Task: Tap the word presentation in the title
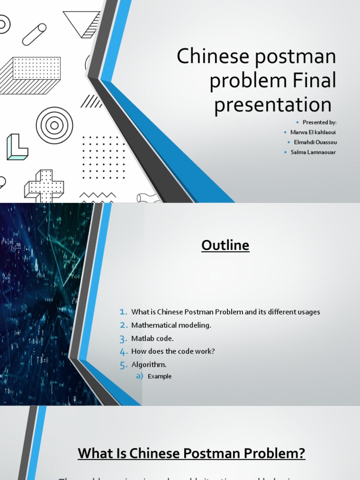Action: pos(272,105)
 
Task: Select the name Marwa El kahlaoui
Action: pos(313,132)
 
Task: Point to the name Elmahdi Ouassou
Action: pos(315,142)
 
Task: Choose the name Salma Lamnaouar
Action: pos(313,152)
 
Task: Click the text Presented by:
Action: pos(319,122)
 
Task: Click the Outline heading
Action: pos(225,245)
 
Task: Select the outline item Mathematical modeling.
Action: pos(171,325)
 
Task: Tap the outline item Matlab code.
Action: pos(152,338)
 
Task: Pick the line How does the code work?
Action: pos(173,351)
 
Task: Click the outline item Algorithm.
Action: pos(149,364)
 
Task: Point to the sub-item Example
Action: pos(159,376)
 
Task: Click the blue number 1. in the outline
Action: pos(123,312)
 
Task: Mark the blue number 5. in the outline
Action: pos(123,364)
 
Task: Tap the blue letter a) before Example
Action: pos(139,376)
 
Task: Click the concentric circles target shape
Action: pos(54,125)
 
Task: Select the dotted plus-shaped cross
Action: pos(45,185)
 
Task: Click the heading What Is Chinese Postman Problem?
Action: pos(191,453)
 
